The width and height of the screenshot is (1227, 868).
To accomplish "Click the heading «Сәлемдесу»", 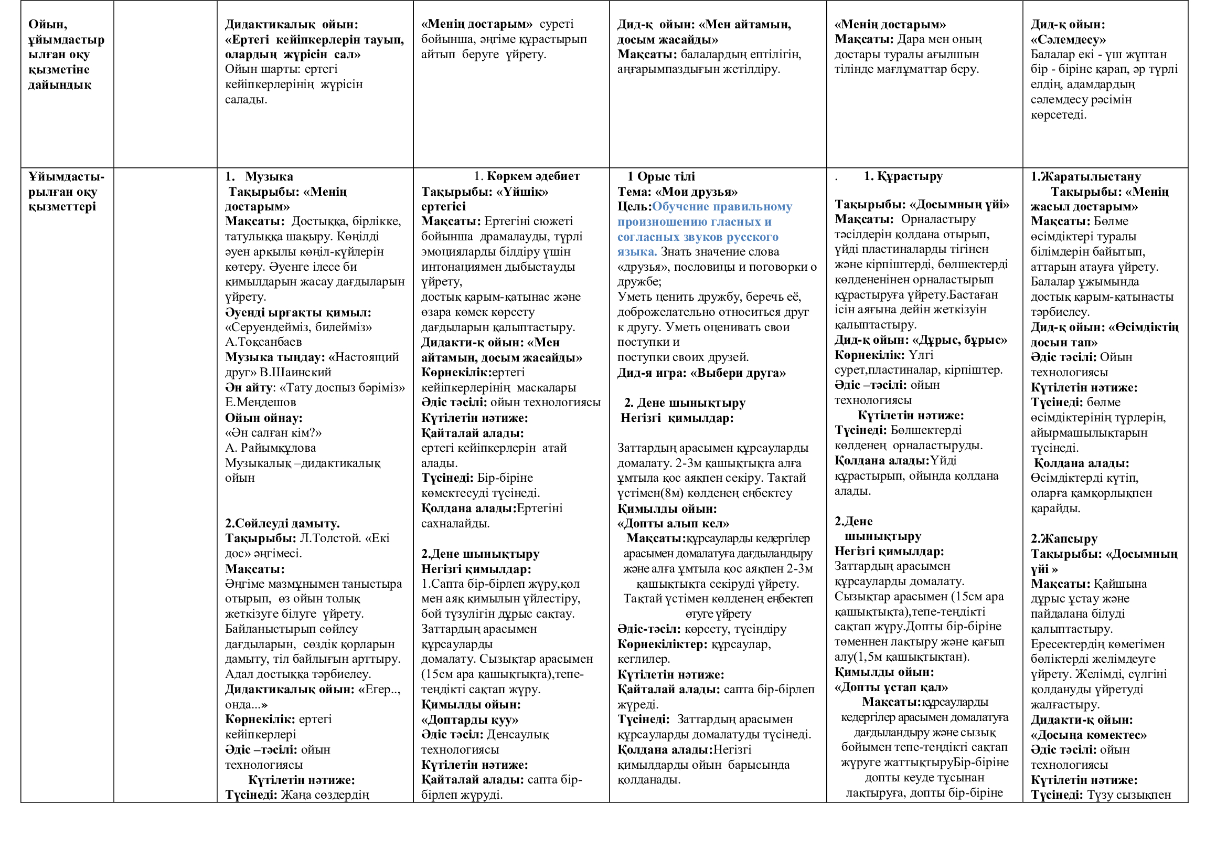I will [x=1068, y=39].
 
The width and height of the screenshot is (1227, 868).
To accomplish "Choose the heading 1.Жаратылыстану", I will [x=1085, y=176].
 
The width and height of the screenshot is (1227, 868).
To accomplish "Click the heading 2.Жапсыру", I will [x=1064, y=538].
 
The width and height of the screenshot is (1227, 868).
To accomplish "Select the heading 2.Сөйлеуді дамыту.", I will [x=282, y=523].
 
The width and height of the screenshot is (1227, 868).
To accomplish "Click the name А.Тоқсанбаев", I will [x=263, y=342].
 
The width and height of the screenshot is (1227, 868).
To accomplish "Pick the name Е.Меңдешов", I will [x=260, y=402].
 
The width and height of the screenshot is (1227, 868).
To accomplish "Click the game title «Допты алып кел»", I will [x=673, y=523].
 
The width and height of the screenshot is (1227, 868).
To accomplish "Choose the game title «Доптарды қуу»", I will [x=470, y=719].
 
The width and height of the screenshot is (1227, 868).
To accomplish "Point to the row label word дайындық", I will [x=60, y=84].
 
